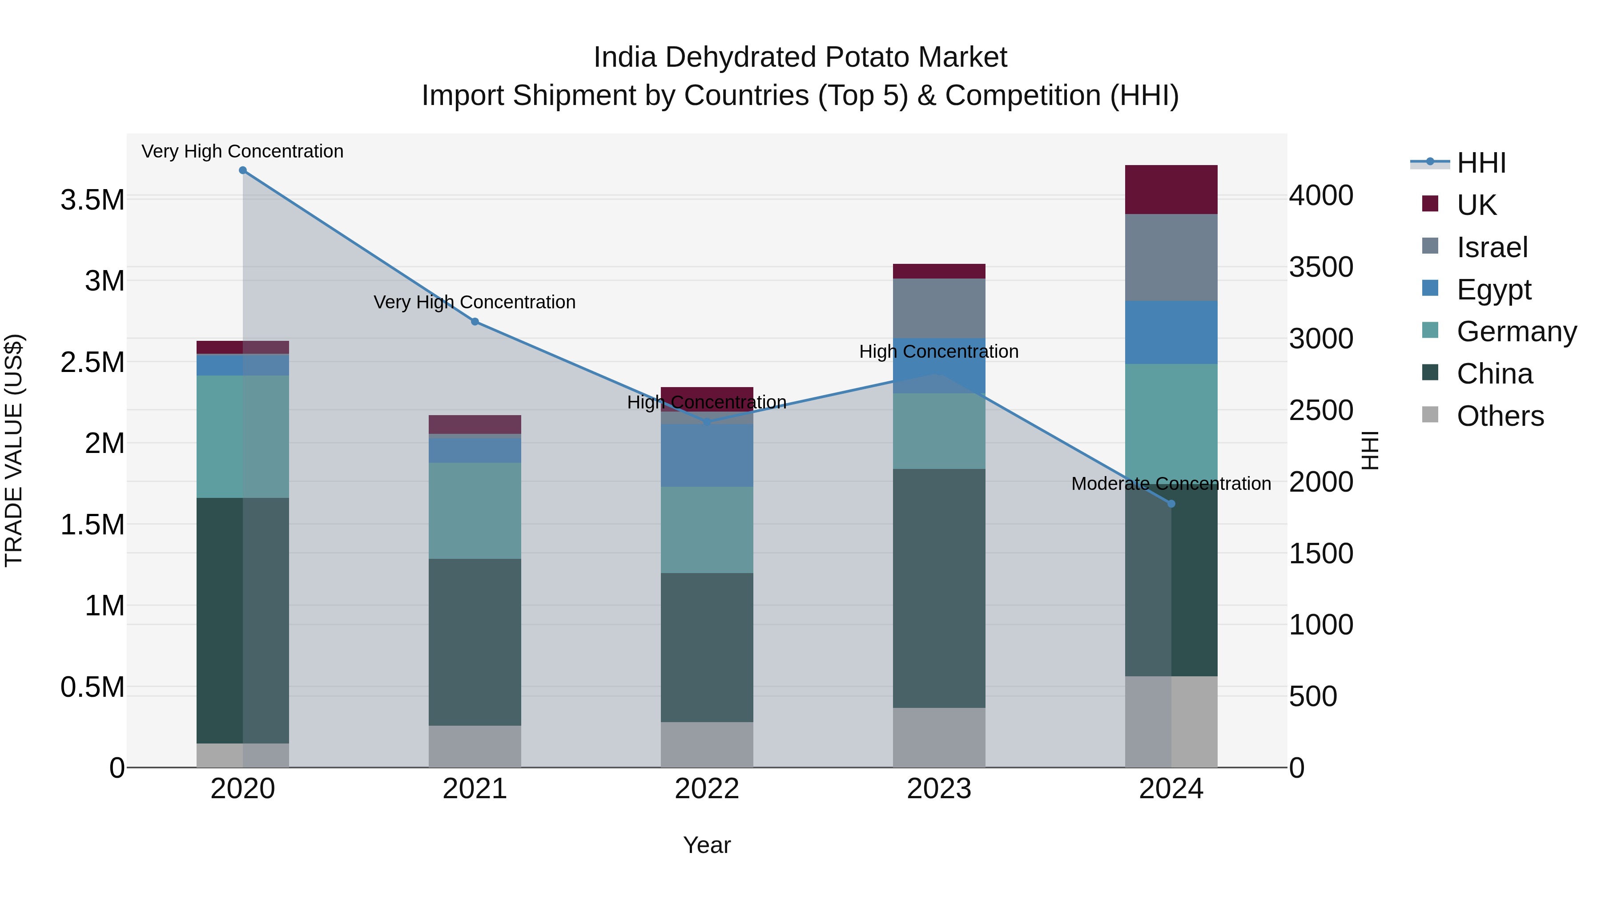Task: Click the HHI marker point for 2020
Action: (x=242, y=170)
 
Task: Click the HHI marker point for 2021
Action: (x=475, y=322)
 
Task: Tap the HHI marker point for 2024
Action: (x=1171, y=504)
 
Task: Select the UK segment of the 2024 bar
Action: (x=1171, y=190)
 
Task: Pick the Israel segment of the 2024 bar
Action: (x=1171, y=258)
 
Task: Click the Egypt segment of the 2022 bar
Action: (x=707, y=455)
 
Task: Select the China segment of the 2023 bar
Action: (x=939, y=588)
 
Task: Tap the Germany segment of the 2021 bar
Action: (x=475, y=510)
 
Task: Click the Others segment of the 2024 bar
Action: (x=1171, y=721)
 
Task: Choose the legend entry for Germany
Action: (x=1517, y=331)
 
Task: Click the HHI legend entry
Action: (x=1481, y=163)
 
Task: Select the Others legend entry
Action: (x=1500, y=416)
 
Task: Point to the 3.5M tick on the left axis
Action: (x=92, y=200)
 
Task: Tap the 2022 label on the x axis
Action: (x=707, y=789)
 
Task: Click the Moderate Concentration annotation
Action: (x=1171, y=483)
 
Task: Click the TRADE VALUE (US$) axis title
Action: (x=14, y=450)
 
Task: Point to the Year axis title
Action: (x=707, y=845)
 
